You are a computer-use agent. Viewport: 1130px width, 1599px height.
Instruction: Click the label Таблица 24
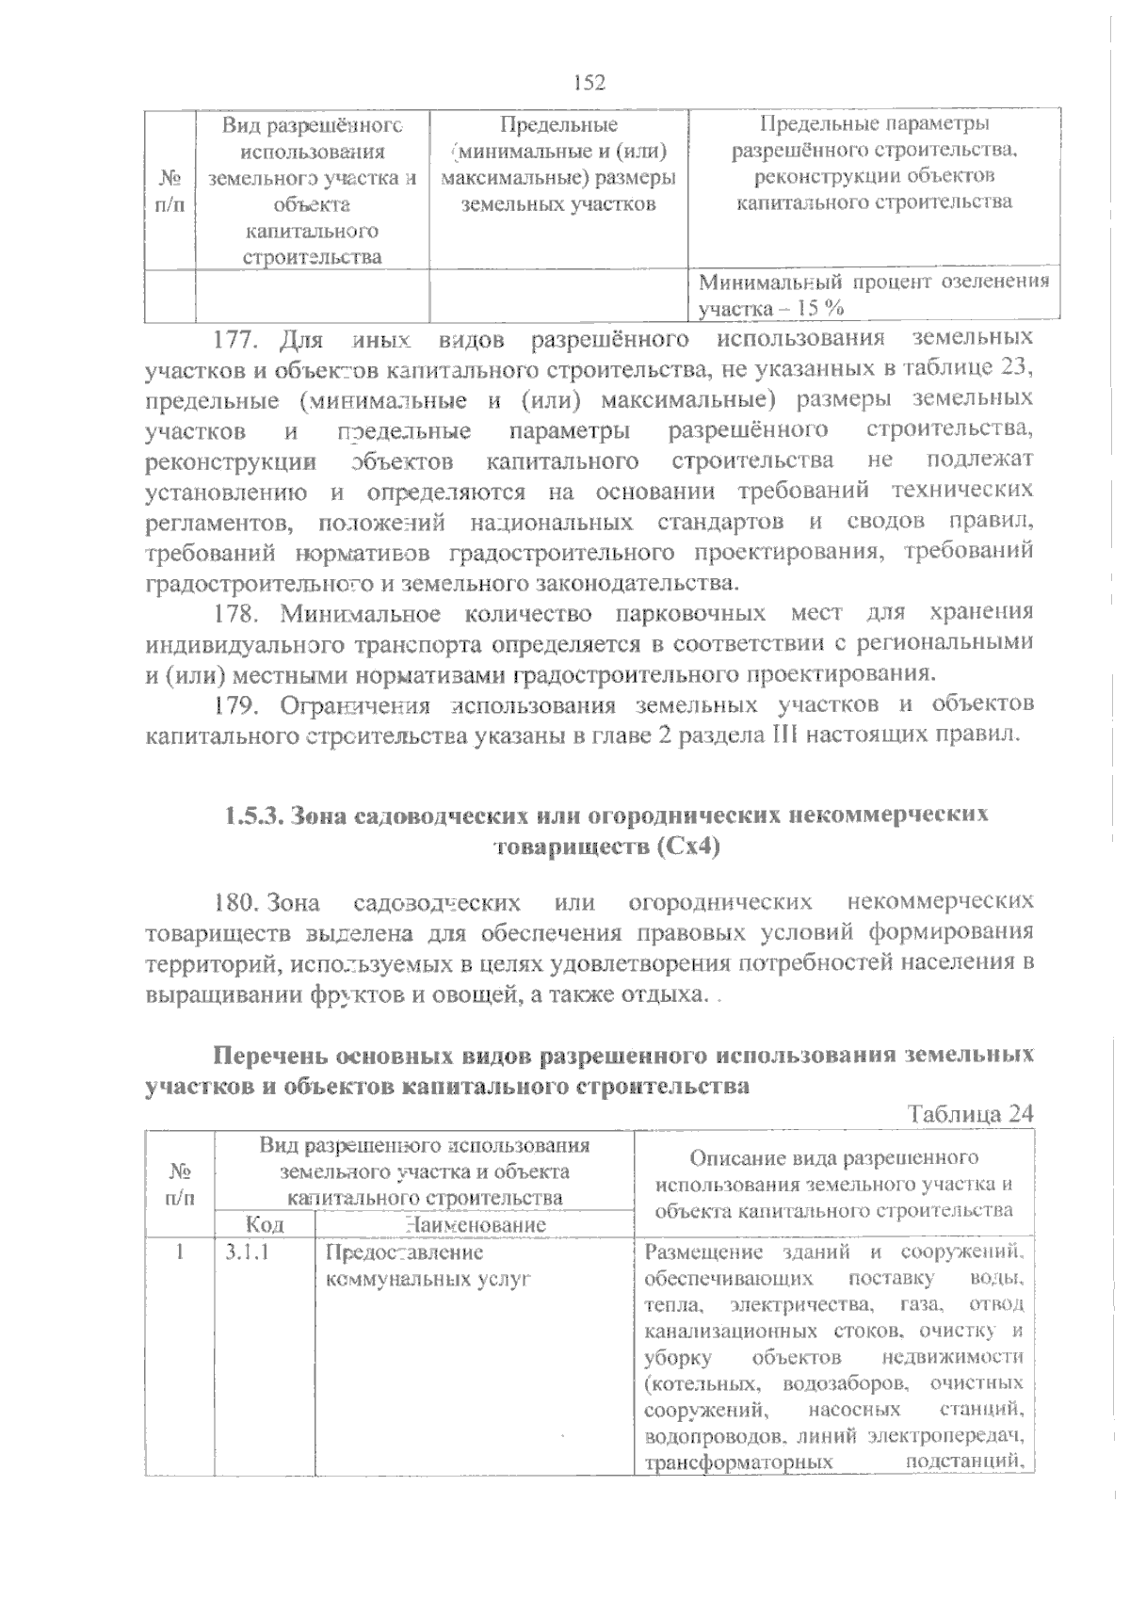971,1114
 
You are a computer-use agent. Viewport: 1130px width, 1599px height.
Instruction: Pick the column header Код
265,1225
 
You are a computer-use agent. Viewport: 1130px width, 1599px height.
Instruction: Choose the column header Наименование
475,1225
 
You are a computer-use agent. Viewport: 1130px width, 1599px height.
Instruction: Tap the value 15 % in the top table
821,308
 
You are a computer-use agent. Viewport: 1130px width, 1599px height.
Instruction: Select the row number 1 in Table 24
180,1253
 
